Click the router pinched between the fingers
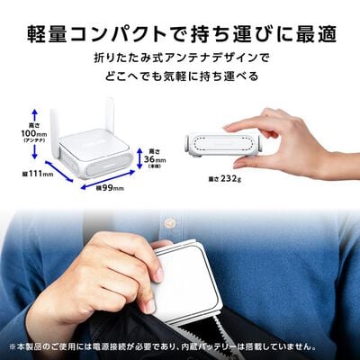224,143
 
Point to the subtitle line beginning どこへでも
180,78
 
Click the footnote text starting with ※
180,346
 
